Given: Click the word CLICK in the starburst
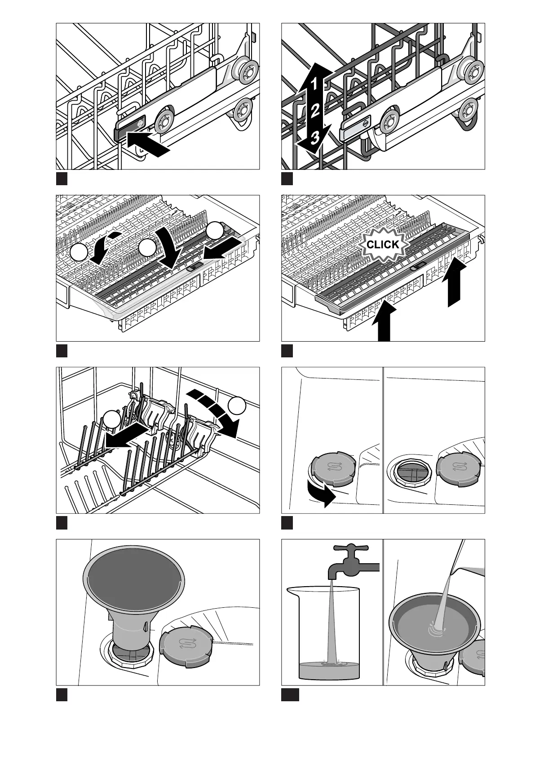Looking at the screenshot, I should (x=383, y=244).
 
